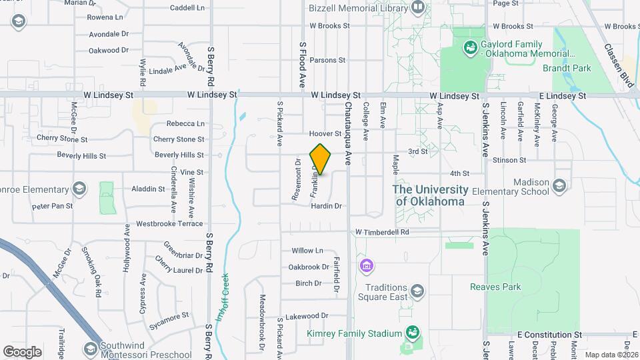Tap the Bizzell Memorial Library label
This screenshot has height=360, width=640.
tap(357, 8)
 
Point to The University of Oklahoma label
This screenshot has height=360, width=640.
tap(431, 196)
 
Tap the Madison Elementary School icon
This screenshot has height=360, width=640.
tap(559, 186)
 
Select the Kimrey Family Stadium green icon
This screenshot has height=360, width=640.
tap(413, 333)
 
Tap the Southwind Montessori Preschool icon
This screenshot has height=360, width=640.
tap(90, 348)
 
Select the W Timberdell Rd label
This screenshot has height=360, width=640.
tap(391, 232)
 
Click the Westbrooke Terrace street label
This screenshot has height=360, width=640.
tap(169, 223)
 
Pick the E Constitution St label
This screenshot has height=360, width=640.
tap(549, 335)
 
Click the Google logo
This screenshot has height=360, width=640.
tap(22, 351)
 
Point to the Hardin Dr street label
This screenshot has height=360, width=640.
tap(326, 206)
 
